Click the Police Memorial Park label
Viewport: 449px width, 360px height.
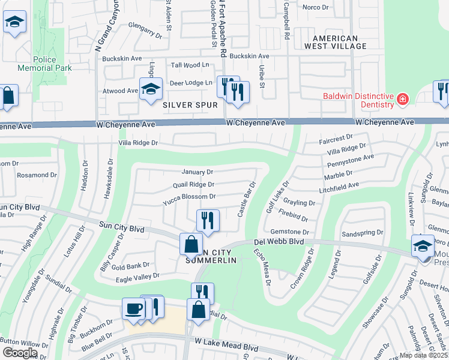tap(53, 64)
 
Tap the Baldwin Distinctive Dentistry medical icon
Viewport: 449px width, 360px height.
tap(403, 98)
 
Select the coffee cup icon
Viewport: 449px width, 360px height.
tap(133, 309)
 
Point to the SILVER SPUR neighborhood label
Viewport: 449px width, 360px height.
tap(190, 105)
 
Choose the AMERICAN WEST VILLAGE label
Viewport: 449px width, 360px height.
tap(335, 41)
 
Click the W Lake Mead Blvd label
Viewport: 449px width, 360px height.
tap(227, 348)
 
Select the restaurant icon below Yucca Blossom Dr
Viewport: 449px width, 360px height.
tap(208, 220)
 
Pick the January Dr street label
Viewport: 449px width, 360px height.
tap(193, 172)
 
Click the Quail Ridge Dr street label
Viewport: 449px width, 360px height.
tap(193, 185)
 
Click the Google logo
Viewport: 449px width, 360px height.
tap(19, 353)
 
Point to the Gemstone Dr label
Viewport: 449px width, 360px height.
tap(289, 232)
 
